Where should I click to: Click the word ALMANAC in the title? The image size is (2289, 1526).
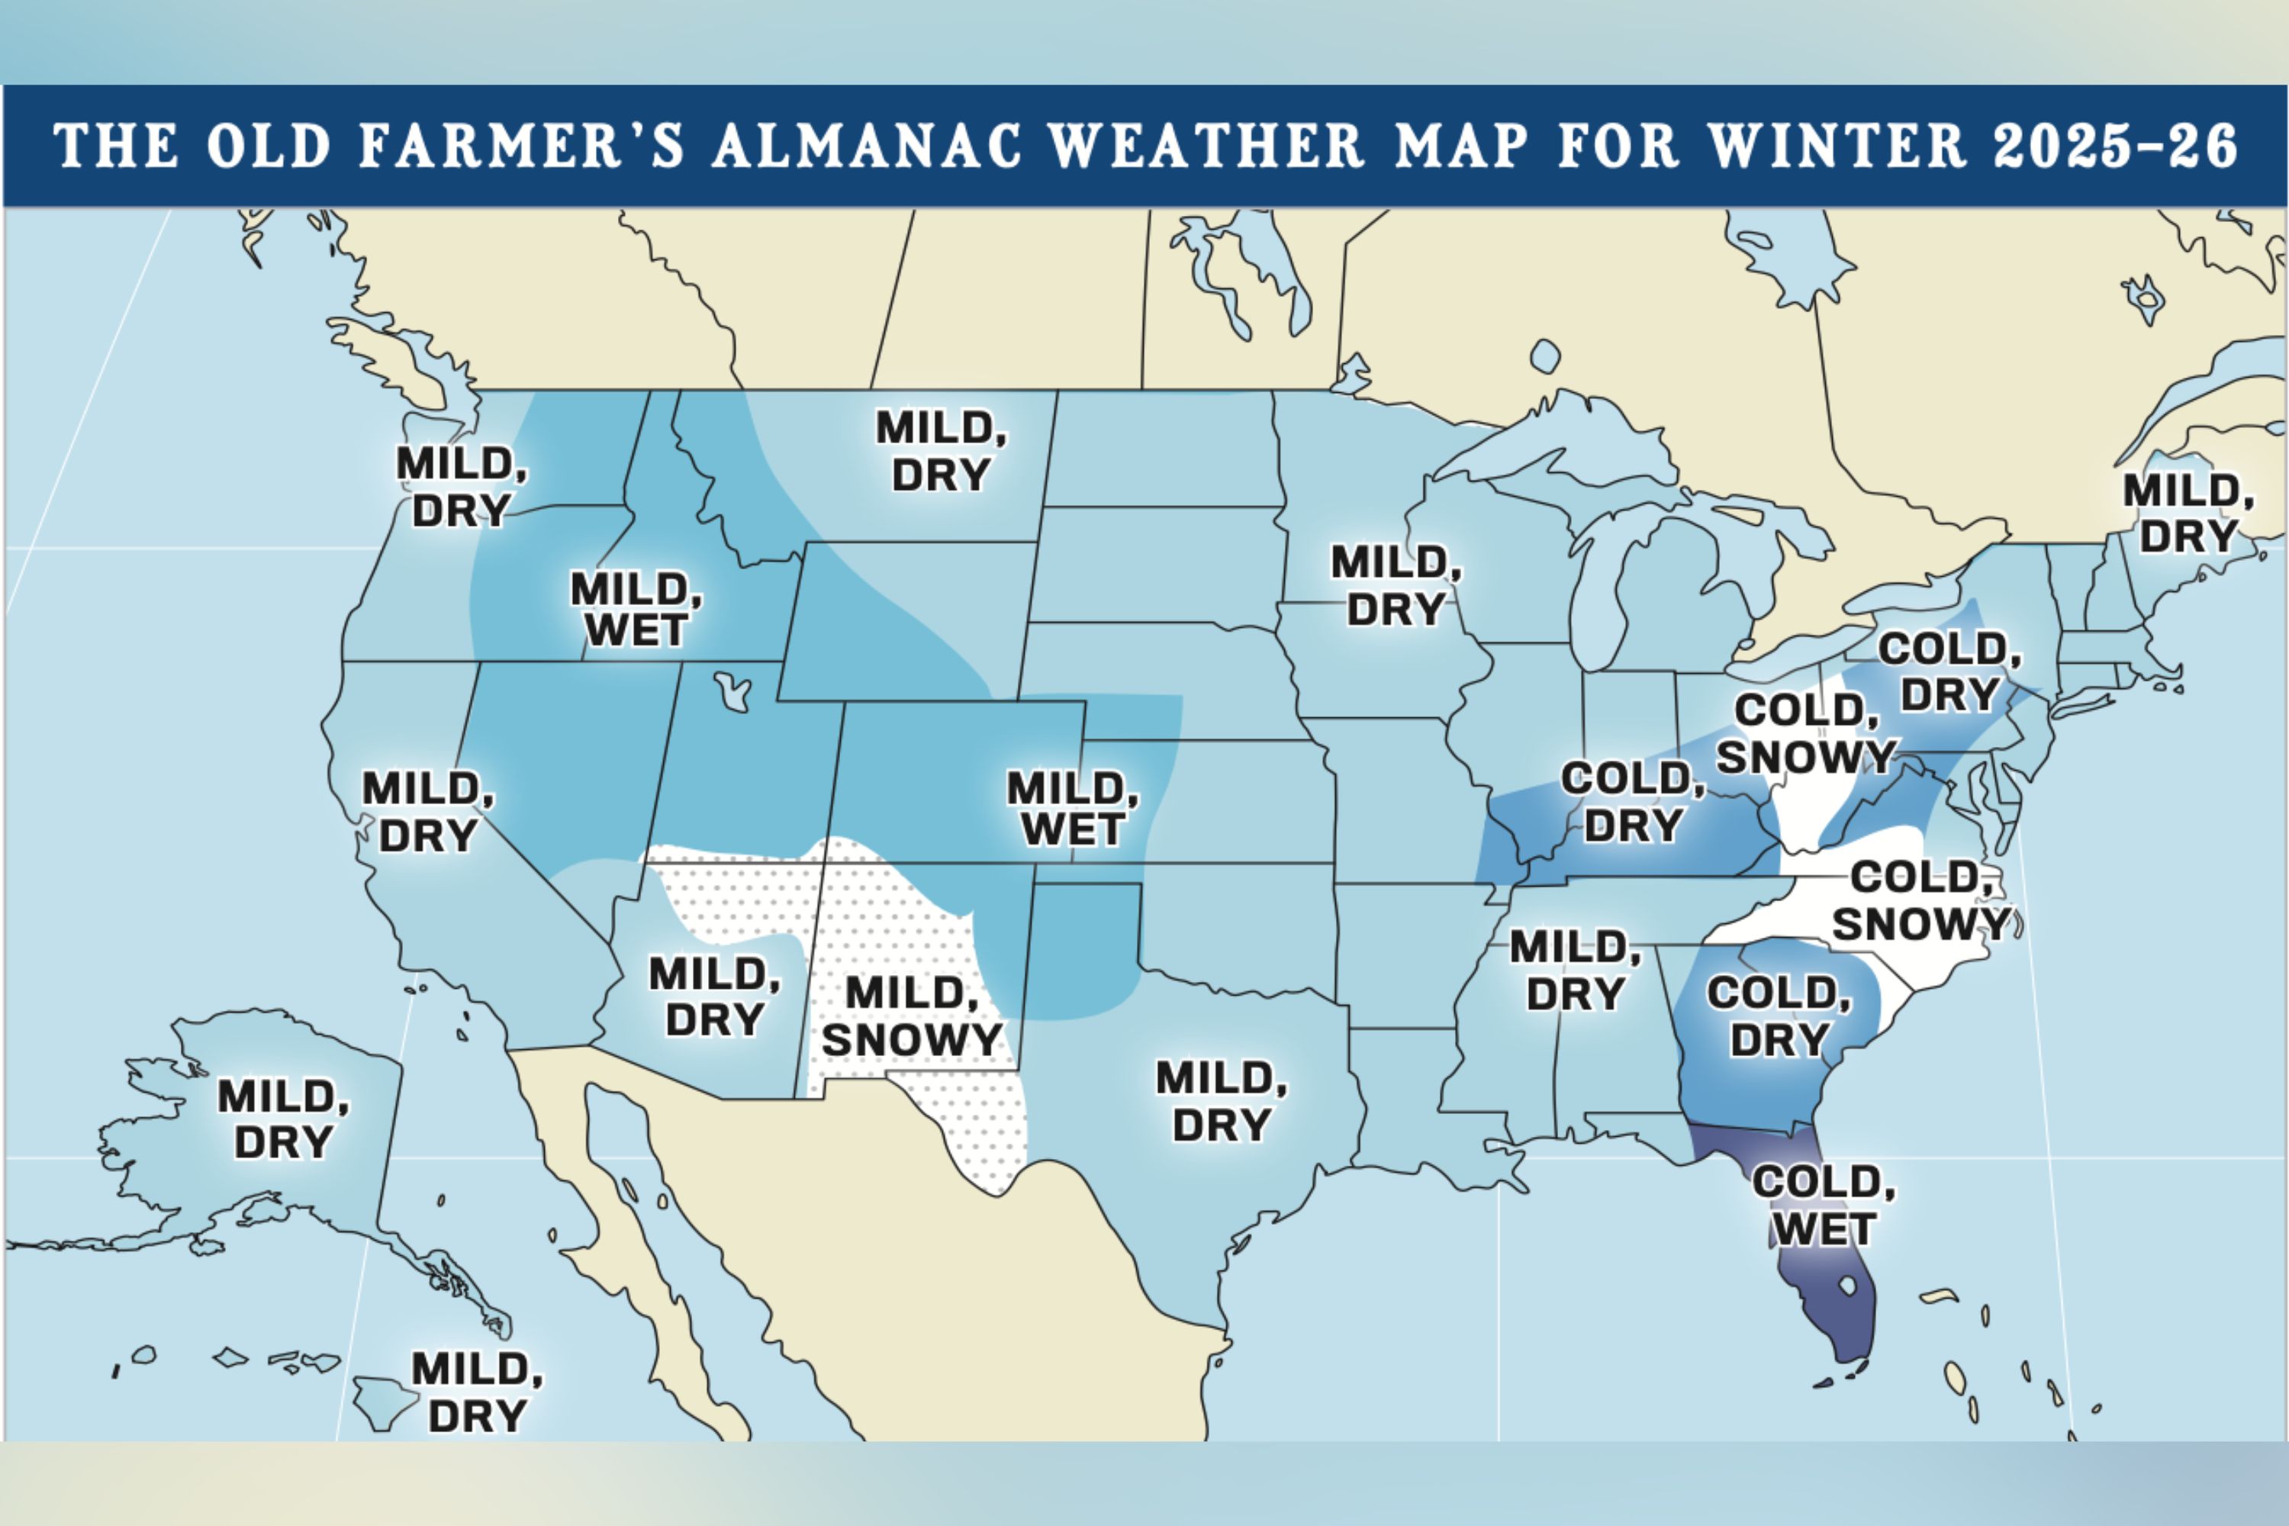867,146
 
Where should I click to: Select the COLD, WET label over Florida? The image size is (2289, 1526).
1823,1205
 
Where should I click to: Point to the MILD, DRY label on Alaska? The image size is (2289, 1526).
283,1119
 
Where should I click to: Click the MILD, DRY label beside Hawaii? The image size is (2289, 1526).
477,1392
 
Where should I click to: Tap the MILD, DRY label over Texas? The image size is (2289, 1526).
1222,1101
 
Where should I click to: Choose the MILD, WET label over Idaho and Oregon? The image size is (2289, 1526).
636,609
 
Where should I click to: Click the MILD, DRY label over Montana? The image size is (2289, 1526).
941,452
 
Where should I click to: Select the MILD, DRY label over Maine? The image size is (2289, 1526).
2188,513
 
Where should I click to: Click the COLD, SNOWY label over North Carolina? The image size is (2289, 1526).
1920,900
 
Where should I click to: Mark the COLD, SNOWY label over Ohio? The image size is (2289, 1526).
1806,732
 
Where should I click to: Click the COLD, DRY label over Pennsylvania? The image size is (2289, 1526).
1949,671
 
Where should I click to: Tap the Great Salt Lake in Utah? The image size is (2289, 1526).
732,692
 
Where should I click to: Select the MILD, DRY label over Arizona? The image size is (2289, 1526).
714,996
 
